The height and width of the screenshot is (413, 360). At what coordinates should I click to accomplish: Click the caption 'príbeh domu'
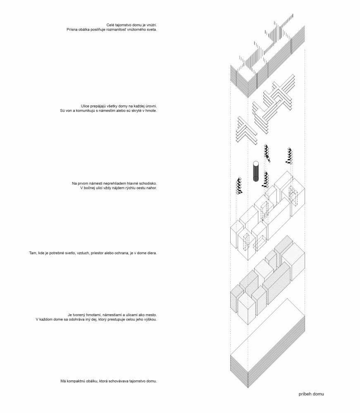click(311, 394)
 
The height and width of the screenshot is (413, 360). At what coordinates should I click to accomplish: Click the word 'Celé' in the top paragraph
click(110, 25)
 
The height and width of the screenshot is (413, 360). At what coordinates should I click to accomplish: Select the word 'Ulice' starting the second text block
click(86, 106)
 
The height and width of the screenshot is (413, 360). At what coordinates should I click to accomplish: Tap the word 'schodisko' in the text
click(148, 183)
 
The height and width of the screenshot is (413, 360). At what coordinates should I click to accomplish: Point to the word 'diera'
click(152, 253)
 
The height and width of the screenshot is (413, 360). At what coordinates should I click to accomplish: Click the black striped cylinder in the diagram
click(255, 171)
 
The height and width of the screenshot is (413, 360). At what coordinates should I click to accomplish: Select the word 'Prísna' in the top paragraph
click(72, 29)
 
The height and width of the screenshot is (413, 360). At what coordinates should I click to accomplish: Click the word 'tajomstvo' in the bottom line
click(137, 381)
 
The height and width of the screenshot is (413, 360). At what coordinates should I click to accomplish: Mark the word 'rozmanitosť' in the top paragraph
click(110, 29)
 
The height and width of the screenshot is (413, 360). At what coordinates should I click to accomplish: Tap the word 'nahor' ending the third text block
click(152, 188)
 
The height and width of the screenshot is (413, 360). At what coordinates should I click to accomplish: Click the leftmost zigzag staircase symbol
click(240, 186)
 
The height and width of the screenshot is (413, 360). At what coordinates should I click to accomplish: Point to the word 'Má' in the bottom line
click(63, 381)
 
